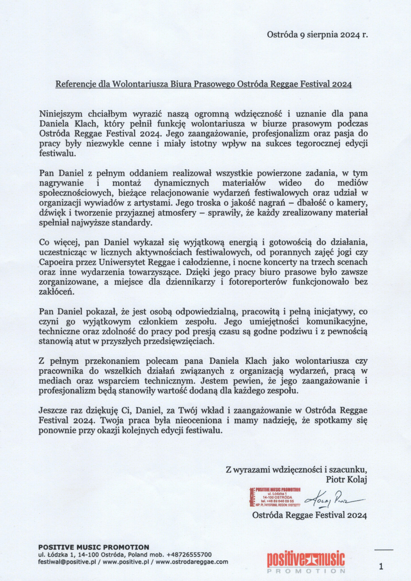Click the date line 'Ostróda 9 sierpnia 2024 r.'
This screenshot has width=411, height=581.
click(317, 35)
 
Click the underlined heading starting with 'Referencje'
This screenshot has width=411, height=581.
click(204, 84)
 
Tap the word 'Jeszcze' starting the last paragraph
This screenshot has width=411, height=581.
click(53, 410)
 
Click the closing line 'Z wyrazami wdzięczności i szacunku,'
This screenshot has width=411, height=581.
click(296, 470)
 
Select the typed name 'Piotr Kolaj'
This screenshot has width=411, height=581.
click(347, 479)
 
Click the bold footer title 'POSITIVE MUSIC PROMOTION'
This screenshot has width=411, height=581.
click(94, 547)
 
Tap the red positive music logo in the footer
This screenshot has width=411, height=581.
click(306, 561)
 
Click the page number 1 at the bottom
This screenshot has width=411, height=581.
click(381, 567)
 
